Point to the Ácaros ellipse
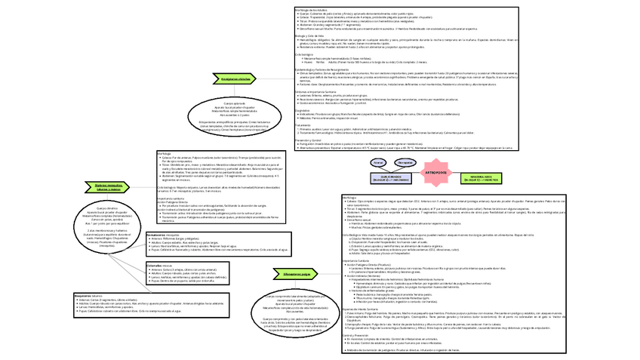pyautogui.click(x=379, y=162)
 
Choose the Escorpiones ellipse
pyautogui.click(x=405, y=162)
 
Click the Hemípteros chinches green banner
pyautogui.click(x=236, y=78)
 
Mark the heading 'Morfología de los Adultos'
pyautogui.click(x=311, y=8)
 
